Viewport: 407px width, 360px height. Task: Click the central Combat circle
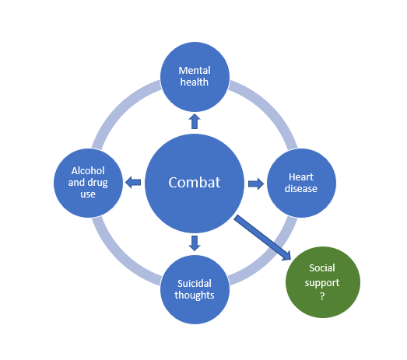195,183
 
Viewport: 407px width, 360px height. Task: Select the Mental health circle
195,77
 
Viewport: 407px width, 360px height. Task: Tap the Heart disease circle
301,183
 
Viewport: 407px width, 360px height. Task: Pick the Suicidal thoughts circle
195,289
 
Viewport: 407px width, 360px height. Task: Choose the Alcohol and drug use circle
88,183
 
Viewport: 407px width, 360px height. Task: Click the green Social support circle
323,282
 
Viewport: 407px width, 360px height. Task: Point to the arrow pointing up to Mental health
195,121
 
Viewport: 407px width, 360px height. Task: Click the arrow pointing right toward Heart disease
256,184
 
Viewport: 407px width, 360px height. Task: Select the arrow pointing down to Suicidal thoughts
195,243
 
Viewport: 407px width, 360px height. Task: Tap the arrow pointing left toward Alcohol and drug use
133,183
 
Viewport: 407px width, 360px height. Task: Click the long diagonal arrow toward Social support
262,238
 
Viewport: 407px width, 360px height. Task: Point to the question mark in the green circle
322,296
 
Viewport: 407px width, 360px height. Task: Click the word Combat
195,183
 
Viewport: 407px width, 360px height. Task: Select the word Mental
195,71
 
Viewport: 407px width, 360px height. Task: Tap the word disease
301,189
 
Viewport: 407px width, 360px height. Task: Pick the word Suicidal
195,284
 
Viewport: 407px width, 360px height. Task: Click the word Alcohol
88,170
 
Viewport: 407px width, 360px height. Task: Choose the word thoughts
195,295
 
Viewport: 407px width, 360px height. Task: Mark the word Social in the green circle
322,268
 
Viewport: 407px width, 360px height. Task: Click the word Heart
301,177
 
